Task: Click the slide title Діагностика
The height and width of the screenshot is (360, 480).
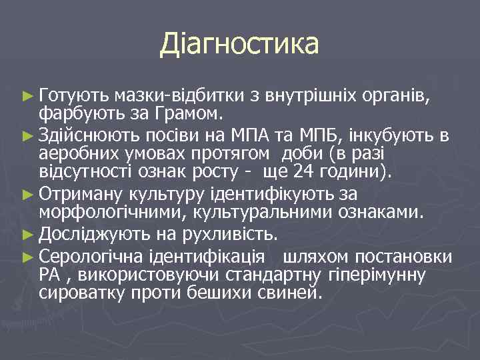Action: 239,45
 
